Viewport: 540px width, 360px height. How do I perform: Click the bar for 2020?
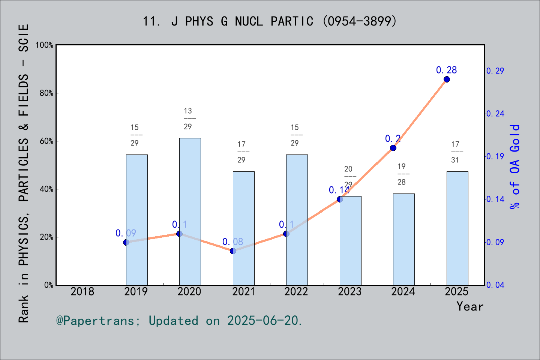click(x=190, y=211)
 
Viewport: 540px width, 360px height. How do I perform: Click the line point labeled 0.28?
click(x=447, y=79)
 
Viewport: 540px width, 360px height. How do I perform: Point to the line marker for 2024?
click(x=393, y=148)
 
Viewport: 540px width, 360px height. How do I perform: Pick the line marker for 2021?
click(x=233, y=251)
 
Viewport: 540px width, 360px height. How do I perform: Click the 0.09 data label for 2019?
click(x=126, y=233)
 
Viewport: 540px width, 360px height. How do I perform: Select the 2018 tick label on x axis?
click(x=82, y=292)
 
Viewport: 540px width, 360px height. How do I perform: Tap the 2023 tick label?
click(x=350, y=292)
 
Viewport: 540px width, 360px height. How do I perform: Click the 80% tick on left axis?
click(x=46, y=93)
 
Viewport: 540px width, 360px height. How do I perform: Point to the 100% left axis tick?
click(x=45, y=45)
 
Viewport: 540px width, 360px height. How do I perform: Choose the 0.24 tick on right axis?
click(x=495, y=114)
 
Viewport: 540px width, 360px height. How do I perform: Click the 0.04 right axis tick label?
click(x=495, y=285)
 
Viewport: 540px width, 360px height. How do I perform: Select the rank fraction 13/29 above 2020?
click(x=188, y=118)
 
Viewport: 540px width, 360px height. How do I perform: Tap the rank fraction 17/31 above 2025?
click(x=455, y=152)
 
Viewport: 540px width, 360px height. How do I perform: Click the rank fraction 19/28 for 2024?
click(x=402, y=174)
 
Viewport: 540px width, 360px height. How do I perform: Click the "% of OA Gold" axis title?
click(x=515, y=166)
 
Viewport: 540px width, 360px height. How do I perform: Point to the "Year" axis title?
click(x=469, y=306)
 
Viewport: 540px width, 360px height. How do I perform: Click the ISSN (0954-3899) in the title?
click(x=359, y=21)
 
